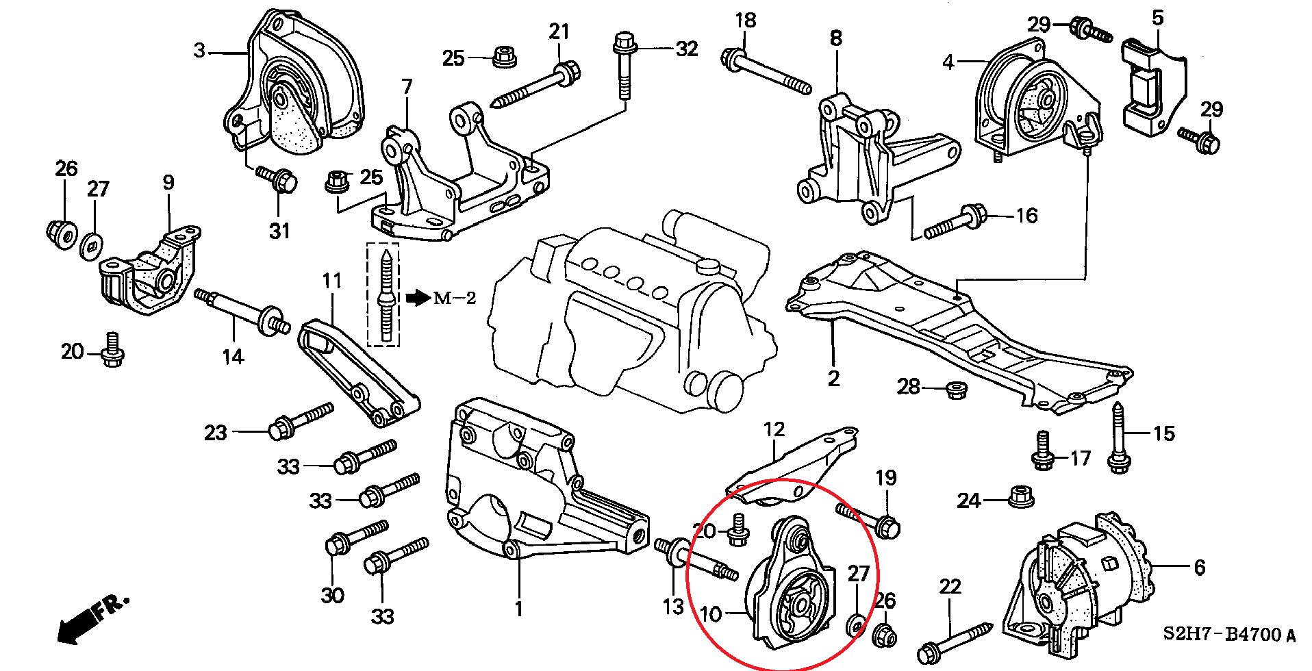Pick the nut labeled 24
pos(1021,496)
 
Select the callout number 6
pos(1198,568)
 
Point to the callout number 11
pos(331,281)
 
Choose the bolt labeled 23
pos(301,420)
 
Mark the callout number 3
pos(199,51)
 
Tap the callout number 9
pos(168,183)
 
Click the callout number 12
pos(774,430)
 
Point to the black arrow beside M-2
pos(416,297)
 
